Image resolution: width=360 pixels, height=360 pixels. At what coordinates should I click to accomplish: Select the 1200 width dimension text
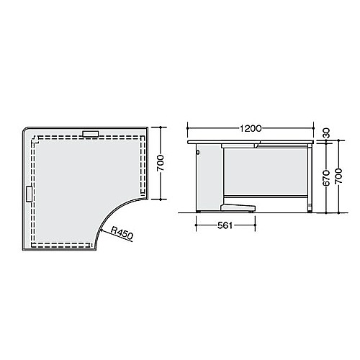250,130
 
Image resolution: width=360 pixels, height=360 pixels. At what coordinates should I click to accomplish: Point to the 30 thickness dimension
327,134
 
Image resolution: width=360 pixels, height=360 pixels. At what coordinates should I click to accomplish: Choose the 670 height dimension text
327,177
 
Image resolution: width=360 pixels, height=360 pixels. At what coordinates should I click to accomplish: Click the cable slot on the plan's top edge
91,133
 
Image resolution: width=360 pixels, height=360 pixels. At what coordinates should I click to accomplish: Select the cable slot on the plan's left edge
29,194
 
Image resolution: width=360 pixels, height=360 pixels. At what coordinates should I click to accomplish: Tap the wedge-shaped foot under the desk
238,209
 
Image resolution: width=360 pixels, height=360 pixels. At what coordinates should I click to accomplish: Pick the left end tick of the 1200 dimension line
188,130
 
